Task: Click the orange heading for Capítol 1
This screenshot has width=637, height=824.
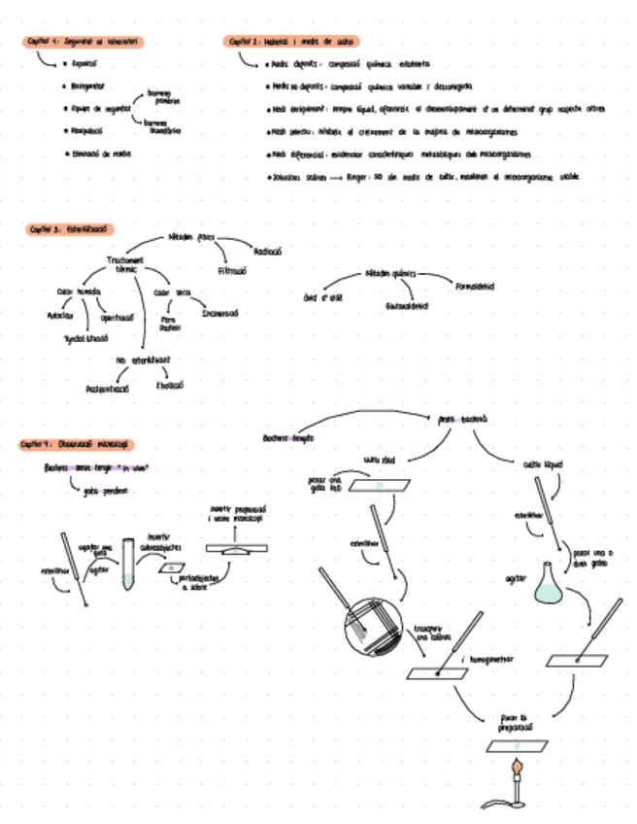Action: [84, 41]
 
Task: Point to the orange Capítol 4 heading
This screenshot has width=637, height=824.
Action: [76, 443]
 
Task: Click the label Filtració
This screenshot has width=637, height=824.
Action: [233, 271]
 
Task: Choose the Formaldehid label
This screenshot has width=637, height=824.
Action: [474, 286]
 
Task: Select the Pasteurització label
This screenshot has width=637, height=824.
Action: [109, 388]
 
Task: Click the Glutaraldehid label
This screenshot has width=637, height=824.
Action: [408, 306]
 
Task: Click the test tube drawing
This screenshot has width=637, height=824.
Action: [128, 568]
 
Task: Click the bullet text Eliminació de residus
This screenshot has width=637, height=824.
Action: [102, 154]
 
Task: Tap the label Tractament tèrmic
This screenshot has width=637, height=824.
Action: [125, 263]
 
